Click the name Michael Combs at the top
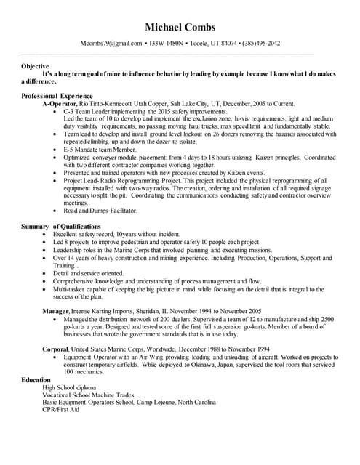(x=180, y=28)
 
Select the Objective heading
(x=36, y=65)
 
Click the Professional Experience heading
(x=57, y=96)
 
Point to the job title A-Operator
(x=60, y=104)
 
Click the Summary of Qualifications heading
(x=64, y=227)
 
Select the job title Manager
(x=55, y=310)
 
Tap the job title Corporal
(x=57, y=349)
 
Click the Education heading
(x=36, y=380)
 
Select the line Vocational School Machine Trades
(x=90, y=395)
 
